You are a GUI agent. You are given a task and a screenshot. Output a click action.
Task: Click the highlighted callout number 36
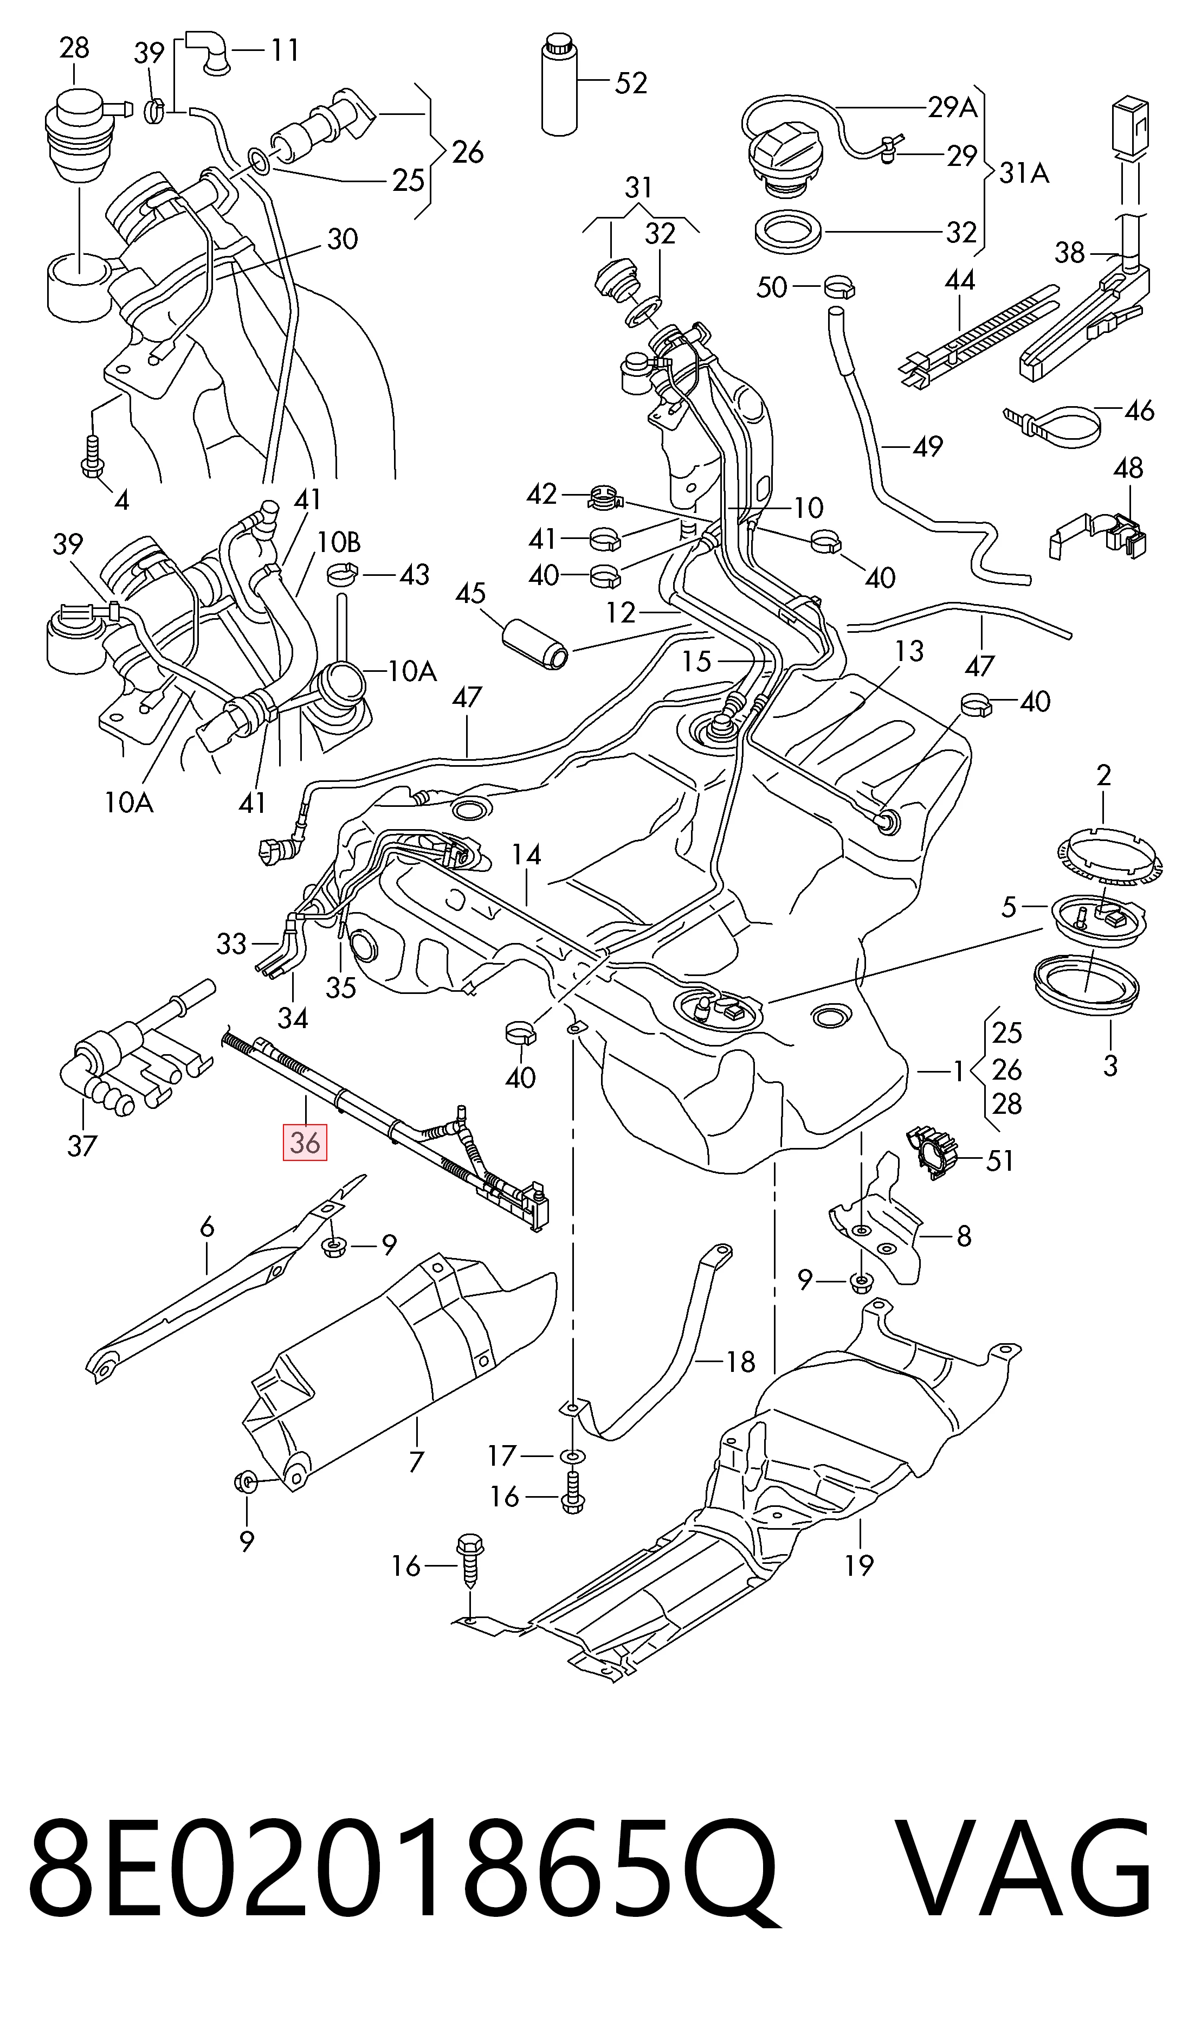point(305,1143)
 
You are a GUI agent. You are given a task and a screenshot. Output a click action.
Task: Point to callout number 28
point(74,48)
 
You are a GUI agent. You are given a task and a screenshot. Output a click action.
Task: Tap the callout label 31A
point(1024,173)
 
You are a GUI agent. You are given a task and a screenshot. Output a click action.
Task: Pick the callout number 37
point(81,1145)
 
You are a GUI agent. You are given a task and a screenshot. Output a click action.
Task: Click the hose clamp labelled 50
point(839,286)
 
